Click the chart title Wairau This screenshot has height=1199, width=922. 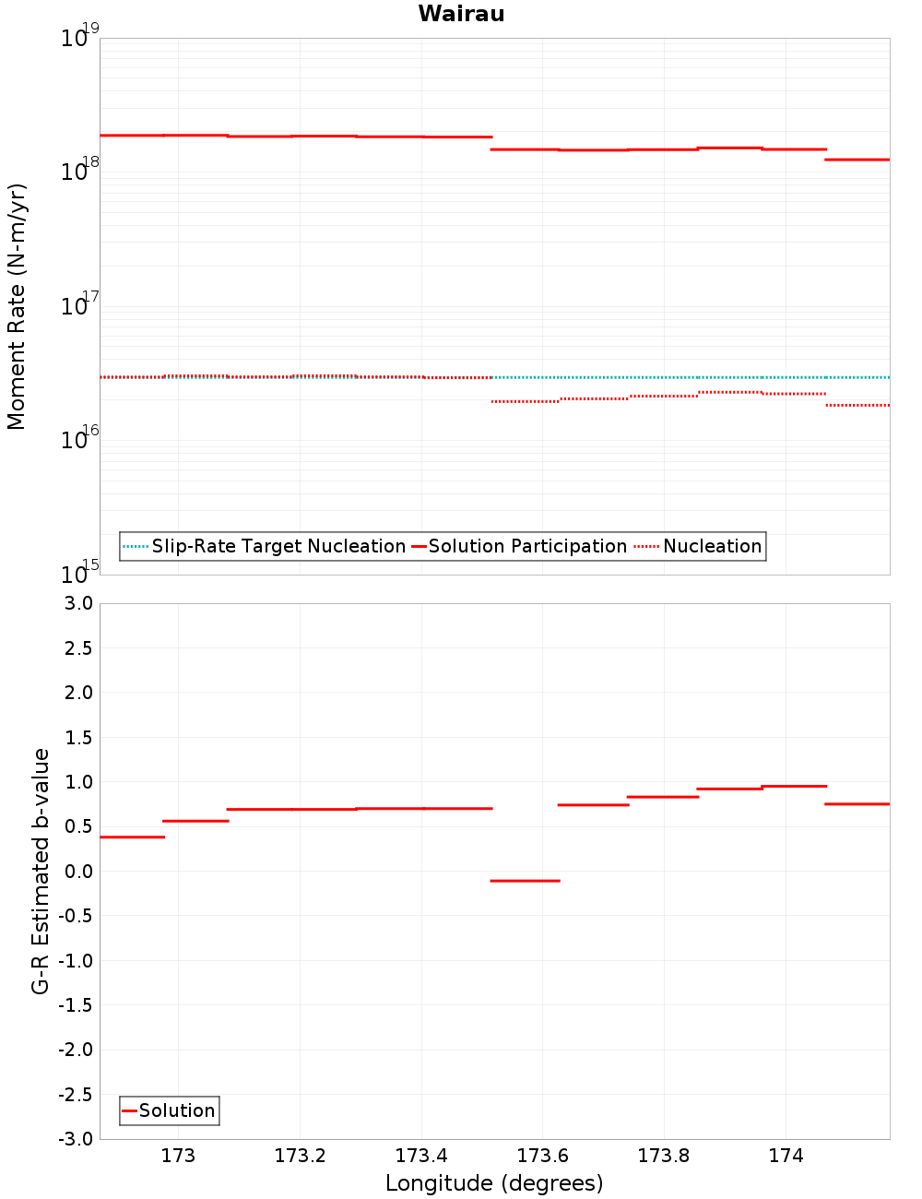(x=461, y=14)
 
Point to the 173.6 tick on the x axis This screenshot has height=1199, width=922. (x=542, y=1156)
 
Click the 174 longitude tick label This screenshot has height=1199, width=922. (x=786, y=1156)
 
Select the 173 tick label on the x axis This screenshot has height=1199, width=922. (x=178, y=1156)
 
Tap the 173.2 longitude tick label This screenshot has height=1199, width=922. (x=300, y=1156)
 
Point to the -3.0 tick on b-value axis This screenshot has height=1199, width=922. (x=77, y=1140)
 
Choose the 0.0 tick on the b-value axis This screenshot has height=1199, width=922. (x=80, y=872)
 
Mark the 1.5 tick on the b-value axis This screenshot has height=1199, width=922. (x=80, y=738)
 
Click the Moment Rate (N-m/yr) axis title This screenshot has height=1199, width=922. (x=17, y=306)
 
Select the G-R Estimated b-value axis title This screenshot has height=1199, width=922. (x=41, y=872)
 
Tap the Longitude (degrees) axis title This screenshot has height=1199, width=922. (x=494, y=1183)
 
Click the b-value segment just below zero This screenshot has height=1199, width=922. (x=525, y=881)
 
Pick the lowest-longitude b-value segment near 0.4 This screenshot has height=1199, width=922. (x=132, y=837)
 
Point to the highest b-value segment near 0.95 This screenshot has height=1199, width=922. (x=794, y=787)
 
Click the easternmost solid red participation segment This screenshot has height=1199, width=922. (x=857, y=160)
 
